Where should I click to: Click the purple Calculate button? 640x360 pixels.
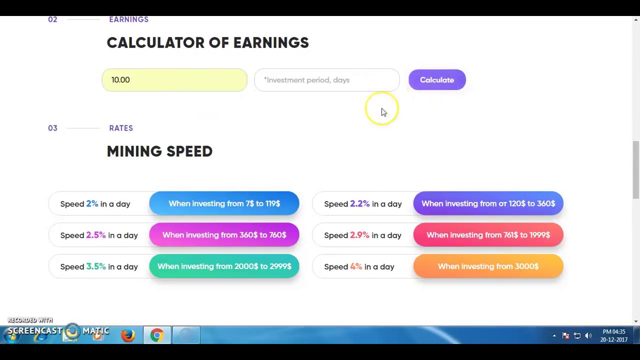pos(437,80)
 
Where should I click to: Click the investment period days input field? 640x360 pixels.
pos(326,80)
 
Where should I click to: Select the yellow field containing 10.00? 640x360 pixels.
pos(174,80)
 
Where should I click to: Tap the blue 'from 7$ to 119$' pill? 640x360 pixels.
pos(224,203)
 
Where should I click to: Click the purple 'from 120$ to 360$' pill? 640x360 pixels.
pos(488,203)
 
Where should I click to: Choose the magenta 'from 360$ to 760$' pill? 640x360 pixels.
pos(224,235)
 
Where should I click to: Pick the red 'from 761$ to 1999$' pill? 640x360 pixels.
pos(488,235)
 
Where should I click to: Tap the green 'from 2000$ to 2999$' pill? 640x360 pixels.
pos(224,266)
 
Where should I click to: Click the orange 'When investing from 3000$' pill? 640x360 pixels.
pos(488,266)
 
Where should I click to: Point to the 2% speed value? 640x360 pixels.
pos(92,203)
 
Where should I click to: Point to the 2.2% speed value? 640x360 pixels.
pos(359,203)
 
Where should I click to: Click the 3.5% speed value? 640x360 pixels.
pos(96,266)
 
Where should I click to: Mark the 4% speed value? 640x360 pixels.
pos(356,266)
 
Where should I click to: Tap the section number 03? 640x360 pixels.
pos(52,128)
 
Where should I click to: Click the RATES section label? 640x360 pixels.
pos(121,128)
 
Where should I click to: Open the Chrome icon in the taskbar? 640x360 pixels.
pos(157,335)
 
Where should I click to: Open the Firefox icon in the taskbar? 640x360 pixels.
pos(128,335)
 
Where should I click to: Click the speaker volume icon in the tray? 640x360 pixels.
pos(588,336)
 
